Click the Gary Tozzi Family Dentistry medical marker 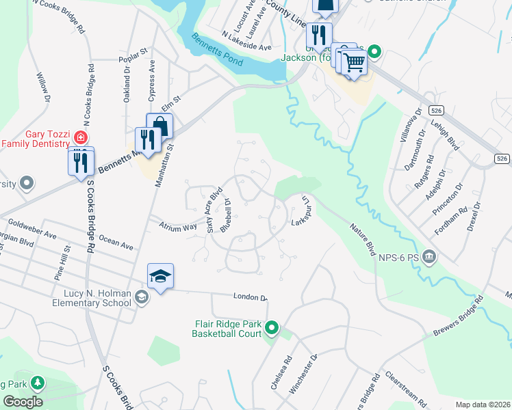tap(81, 137)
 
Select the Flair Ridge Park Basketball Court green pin tap(272, 329)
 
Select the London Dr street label tap(249, 297)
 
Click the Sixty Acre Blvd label tap(214, 210)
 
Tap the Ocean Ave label tap(116, 242)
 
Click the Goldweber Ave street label tap(31, 228)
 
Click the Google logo tap(23, 401)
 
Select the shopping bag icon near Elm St tap(159, 126)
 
